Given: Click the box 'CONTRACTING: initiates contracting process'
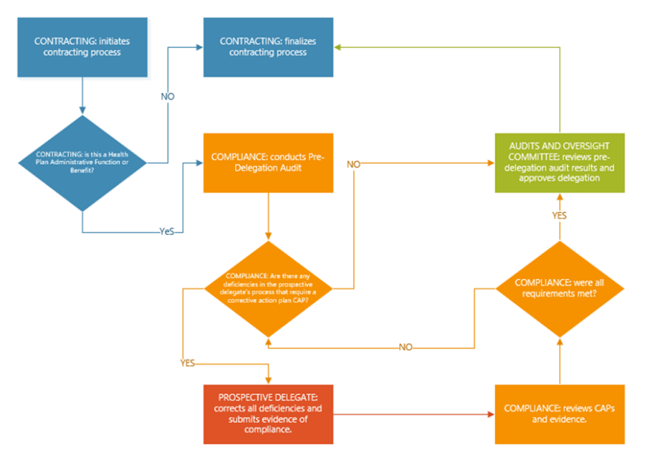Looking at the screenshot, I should pyautogui.click(x=82, y=47).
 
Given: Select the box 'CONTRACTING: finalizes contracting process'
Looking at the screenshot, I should pyautogui.click(x=268, y=47).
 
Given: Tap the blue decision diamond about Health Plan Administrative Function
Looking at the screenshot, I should pyautogui.click(x=82, y=164).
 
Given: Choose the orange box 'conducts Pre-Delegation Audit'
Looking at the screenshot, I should pyautogui.click(x=268, y=163).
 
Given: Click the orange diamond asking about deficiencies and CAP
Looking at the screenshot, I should pyautogui.click(x=268, y=289).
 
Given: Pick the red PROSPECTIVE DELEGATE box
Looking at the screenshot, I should pyautogui.click(x=268, y=414).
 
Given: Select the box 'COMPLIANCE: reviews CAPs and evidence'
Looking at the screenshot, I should pyautogui.click(x=559, y=414).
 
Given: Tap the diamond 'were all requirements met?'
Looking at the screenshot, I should pyautogui.click(x=559, y=289).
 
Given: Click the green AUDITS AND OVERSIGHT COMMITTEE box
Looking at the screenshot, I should pyautogui.click(x=559, y=163).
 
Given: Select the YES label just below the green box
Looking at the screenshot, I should pyautogui.click(x=559, y=214).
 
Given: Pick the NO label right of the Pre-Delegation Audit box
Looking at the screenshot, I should pyautogui.click(x=353, y=164).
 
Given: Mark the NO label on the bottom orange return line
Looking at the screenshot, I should pyautogui.click(x=406, y=347).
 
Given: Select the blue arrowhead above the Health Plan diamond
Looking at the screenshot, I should pyautogui.click(x=82, y=110).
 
